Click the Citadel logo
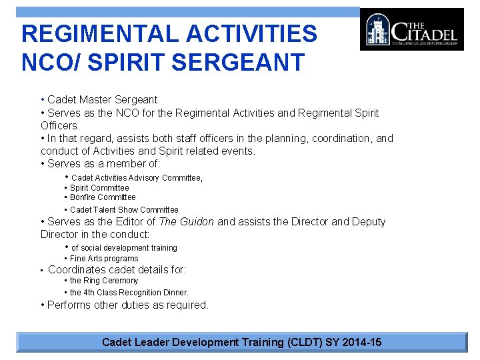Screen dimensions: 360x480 tap(411, 29)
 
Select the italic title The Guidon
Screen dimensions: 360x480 tap(186, 222)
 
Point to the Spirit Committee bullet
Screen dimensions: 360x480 tap(99, 188)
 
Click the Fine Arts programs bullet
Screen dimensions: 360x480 tap(104, 259)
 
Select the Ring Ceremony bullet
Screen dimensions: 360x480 tap(104, 281)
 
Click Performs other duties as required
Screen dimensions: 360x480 tap(127, 305)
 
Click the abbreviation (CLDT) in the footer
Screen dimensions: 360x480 tap(304, 343)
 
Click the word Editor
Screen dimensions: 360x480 tap(131, 222)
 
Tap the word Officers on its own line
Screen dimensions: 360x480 tap(59, 125)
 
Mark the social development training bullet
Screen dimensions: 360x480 tap(124, 248)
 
